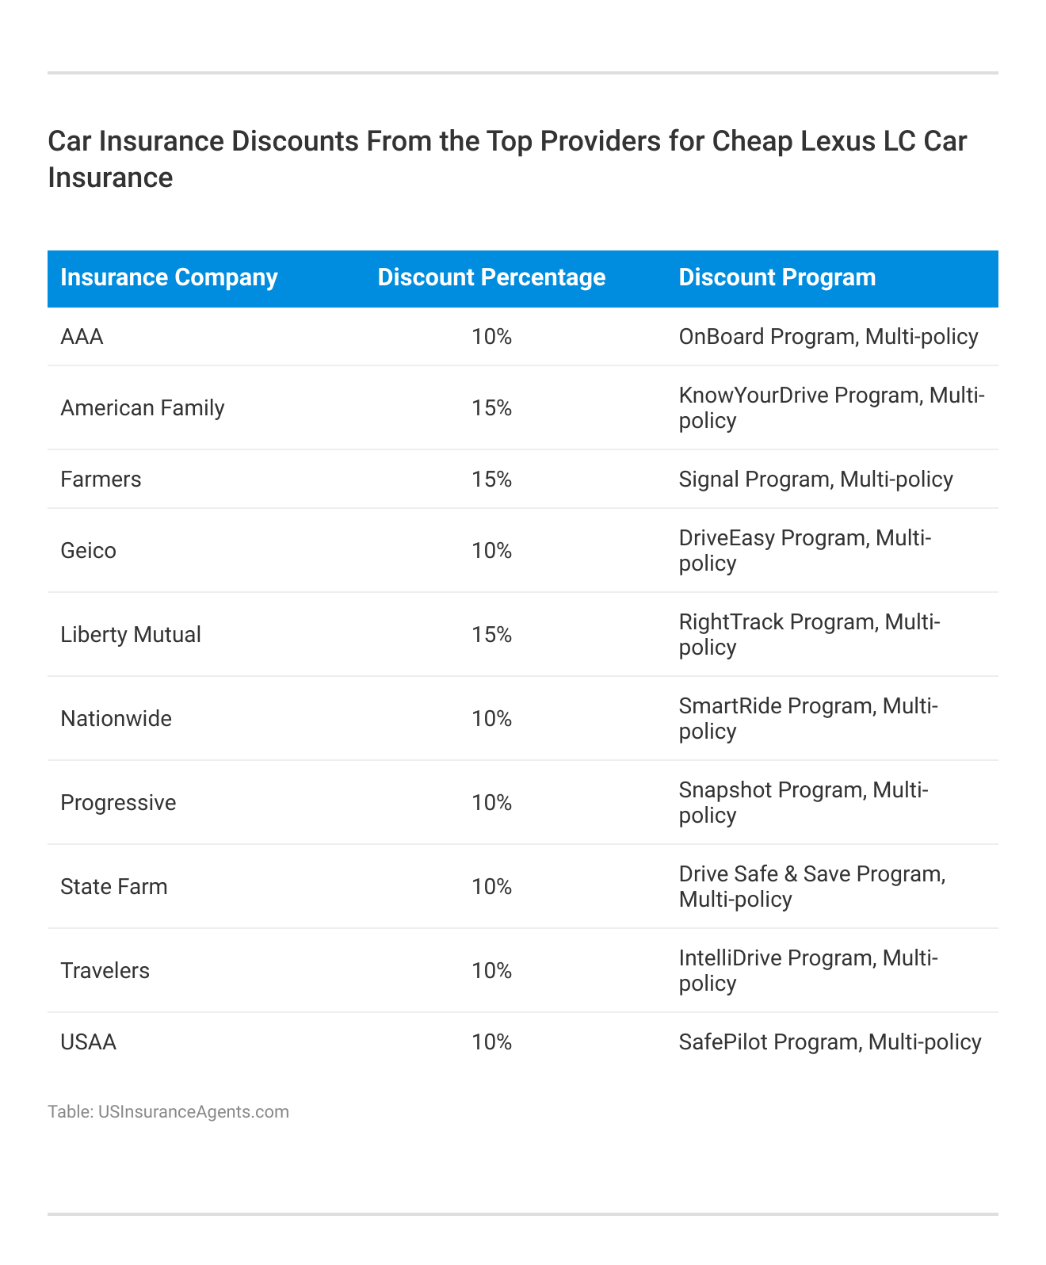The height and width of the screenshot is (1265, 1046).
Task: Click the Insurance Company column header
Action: (x=169, y=277)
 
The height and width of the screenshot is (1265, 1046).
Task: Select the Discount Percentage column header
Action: (x=491, y=277)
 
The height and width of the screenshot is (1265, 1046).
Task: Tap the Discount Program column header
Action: (x=777, y=277)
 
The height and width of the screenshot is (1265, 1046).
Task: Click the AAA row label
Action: (x=82, y=337)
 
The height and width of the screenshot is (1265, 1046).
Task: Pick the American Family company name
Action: (x=143, y=408)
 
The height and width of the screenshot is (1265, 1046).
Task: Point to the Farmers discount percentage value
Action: (x=491, y=480)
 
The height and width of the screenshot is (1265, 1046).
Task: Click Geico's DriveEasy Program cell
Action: (x=804, y=550)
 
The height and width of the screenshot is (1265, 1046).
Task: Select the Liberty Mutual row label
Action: (x=131, y=635)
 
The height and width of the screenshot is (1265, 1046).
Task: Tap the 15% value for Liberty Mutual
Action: (x=491, y=635)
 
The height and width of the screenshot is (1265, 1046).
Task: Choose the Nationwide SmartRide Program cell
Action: (x=807, y=718)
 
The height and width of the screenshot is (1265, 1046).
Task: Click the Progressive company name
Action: (x=118, y=803)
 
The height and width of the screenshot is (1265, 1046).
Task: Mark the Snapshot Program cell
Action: (x=803, y=802)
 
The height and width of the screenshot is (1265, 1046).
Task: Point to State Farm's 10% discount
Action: (x=491, y=887)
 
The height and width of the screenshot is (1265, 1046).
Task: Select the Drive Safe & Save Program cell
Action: (x=811, y=886)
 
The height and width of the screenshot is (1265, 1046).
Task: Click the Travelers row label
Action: (x=105, y=971)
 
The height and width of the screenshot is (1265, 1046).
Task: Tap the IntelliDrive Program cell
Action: (x=807, y=970)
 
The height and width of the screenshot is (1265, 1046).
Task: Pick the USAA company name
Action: (x=88, y=1042)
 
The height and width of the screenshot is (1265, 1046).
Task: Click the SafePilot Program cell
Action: (x=830, y=1042)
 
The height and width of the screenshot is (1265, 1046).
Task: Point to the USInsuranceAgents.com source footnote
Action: (x=168, y=1112)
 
